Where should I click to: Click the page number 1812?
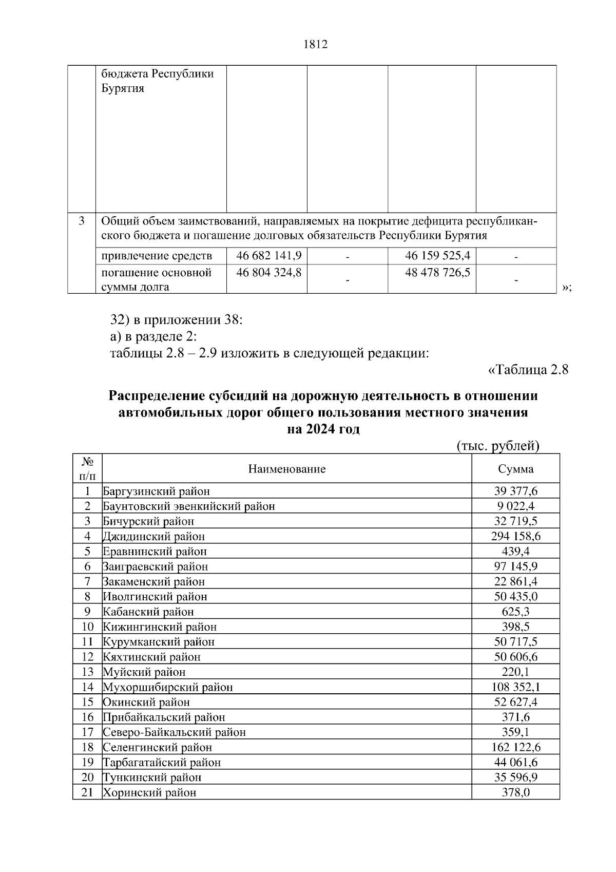(x=315, y=45)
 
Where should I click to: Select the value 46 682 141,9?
(x=268, y=255)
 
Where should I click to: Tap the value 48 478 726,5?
(x=437, y=272)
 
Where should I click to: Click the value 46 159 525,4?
(x=437, y=255)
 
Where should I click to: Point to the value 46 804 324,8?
(x=268, y=272)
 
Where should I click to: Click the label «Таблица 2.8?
(x=527, y=369)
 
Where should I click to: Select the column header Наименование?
(x=287, y=469)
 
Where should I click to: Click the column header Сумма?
(x=515, y=469)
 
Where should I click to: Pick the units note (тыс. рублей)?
(x=497, y=446)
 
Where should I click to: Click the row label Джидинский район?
(x=153, y=537)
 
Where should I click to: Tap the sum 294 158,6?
(x=515, y=537)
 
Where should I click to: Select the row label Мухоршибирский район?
(x=167, y=687)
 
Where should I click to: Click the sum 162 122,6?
(x=515, y=747)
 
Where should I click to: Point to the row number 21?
(x=87, y=792)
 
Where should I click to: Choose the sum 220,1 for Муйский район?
(x=515, y=672)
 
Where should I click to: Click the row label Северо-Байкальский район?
(x=174, y=732)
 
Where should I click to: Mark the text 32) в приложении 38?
(x=176, y=320)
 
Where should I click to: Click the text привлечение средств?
(x=156, y=256)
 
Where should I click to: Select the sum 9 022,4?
(x=515, y=506)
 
